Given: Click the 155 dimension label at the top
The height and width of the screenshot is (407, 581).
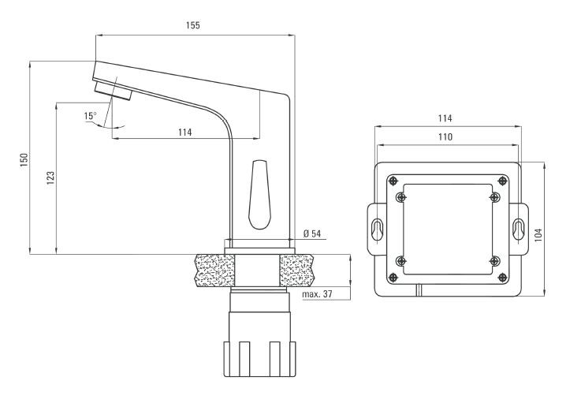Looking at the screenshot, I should (x=193, y=25).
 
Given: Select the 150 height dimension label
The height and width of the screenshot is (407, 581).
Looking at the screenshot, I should (x=24, y=159).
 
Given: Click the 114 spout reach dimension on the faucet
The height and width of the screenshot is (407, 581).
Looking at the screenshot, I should (x=184, y=132).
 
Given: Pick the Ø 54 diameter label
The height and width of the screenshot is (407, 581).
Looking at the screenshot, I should (x=313, y=233).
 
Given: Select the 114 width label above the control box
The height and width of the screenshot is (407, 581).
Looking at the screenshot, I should (x=445, y=118).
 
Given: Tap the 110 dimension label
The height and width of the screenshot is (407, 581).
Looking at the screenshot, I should (x=445, y=136).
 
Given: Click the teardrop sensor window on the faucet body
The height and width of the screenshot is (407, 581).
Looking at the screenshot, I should (x=259, y=192).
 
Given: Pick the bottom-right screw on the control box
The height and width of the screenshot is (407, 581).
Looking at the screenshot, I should (x=494, y=260).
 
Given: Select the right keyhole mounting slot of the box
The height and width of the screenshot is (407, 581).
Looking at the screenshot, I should (x=518, y=230).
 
